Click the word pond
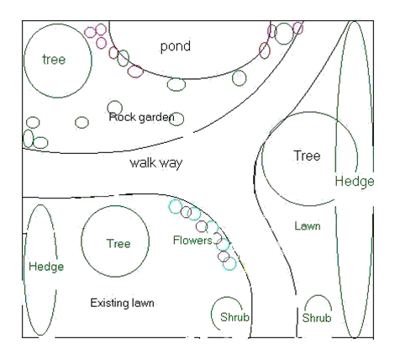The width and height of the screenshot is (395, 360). (x=176, y=45)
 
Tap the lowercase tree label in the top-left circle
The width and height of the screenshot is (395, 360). (x=55, y=59)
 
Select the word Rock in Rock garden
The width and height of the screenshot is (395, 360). (x=122, y=117)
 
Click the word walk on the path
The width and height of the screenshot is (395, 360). (x=143, y=161)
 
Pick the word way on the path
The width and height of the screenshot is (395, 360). (x=171, y=161)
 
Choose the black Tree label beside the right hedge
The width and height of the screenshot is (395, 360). (x=307, y=156)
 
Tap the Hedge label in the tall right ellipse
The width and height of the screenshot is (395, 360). (x=354, y=181)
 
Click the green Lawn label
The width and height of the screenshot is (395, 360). (x=308, y=225)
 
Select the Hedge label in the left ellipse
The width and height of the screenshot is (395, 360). (x=46, y=266)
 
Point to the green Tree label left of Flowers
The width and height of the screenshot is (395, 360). (x=118, y=244)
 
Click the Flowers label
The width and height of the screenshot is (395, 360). (x=192, y=241)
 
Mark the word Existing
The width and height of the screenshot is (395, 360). (x=109, y=302)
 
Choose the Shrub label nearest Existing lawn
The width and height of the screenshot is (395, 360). (x=229, y=318)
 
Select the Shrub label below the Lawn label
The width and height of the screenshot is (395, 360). (x=317, y=319)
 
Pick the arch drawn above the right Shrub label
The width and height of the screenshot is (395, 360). (x=317, y=300)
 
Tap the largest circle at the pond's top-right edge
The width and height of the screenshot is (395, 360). (x=284, y=34)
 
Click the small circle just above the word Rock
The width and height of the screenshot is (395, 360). (x=115, y=107)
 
